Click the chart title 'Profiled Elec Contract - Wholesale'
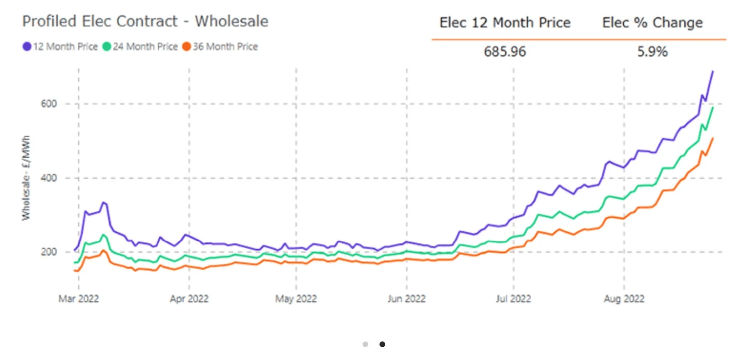tap(145, 21)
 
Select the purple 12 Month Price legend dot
tap(27, 46)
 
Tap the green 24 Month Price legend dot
tap(107, 46)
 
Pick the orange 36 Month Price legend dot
tap(186, 46)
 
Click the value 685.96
tap(504, 52)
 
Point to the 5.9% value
tap(652, 52)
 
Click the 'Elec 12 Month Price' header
tap(505, 23)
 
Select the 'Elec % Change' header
tap(652, 23)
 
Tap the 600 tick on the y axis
tap(49, 104)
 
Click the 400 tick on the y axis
tap(49, 178)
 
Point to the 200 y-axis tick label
tap(49, 252)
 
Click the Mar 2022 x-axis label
tap(79, 299)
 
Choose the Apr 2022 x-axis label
tap(189, 299)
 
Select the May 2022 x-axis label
tap(296, 299)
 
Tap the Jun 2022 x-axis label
tap(407, 299)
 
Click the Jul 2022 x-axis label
tap(513, 299)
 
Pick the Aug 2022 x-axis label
tap(624, 299)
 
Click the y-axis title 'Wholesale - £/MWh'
tap(26, 178)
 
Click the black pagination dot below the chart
tap(382, 344)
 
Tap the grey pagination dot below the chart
tap(365, 344)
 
